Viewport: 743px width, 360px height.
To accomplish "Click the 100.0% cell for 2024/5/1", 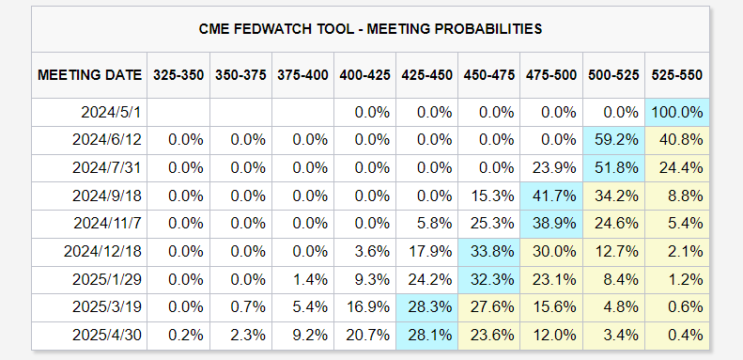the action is pos(676,113).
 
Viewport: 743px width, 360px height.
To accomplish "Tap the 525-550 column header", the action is pos(676,75).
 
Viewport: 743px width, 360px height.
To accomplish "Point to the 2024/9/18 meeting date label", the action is pos(107,196).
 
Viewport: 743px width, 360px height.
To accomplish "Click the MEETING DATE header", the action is pos(89,75).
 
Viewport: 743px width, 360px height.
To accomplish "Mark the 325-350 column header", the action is pos(178,75).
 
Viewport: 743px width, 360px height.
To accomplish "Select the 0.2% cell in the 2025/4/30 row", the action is pos(186,336).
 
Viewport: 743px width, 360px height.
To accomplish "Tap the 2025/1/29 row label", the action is pos(107,279).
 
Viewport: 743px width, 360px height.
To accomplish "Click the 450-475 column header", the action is pos(489,75).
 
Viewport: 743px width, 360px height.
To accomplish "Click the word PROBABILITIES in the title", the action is pos(488,29).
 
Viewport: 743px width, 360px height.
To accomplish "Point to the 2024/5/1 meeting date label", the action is pos(112,113).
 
